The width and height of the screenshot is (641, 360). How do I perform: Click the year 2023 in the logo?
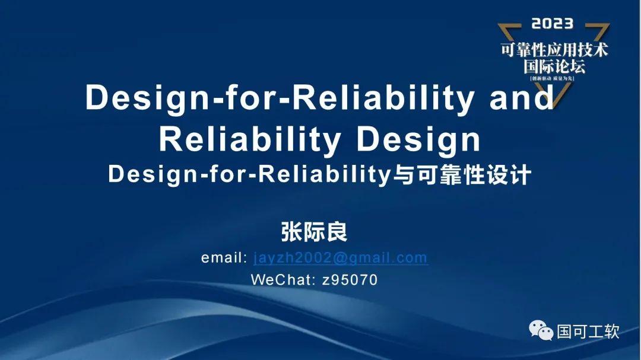(552, 24)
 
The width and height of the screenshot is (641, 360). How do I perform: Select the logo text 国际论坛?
(554, 65)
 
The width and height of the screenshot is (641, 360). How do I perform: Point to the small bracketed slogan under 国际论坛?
(554, 78)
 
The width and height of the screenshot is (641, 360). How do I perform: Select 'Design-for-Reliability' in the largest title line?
(280, 98)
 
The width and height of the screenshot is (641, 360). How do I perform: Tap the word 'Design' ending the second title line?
(418, 140)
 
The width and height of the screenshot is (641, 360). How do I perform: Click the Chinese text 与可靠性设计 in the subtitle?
(459, 176)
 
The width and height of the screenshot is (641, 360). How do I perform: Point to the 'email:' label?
(224, 258)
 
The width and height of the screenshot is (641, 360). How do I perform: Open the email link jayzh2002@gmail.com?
(340, 258)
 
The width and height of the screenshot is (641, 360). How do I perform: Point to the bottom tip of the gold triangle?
(555, 104)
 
